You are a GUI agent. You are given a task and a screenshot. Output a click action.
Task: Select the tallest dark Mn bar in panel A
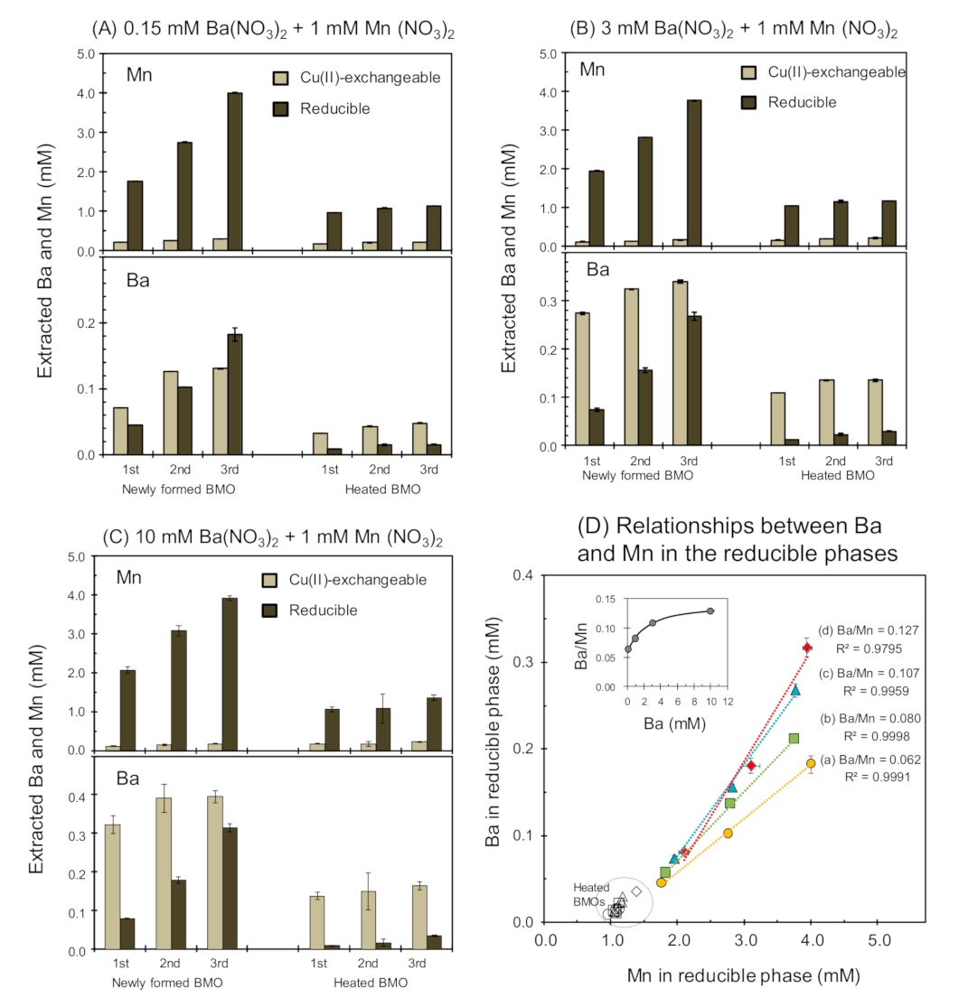click(x=235, y=172)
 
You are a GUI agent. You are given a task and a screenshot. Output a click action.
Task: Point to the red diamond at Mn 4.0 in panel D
click(x=807, y=648)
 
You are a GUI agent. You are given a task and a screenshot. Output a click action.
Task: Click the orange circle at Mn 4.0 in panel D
click(x=811, y=763)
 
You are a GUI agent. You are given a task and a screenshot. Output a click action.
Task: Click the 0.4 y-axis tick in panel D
click(x=523, y=575)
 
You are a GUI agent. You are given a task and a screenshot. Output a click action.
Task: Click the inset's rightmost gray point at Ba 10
click(x=710, y=611)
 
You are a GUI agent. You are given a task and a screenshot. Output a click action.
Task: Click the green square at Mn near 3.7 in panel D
click(x=794, y=738)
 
